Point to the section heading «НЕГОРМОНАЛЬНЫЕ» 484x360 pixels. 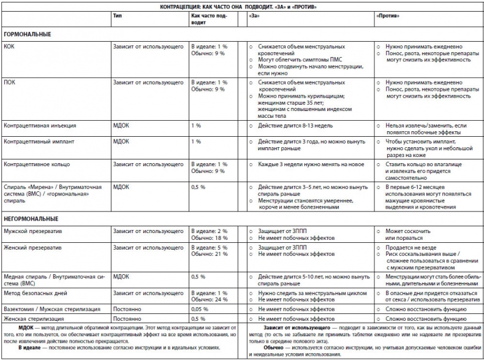[31, 218]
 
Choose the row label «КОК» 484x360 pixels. [9, 47]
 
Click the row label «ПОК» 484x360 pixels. [9, 82]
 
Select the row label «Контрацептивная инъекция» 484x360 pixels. [40, 125]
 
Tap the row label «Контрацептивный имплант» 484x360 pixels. [40, 142]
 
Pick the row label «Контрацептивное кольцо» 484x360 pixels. [37, 164]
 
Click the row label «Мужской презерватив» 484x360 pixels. [32, 231]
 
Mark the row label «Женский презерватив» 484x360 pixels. [32, 248]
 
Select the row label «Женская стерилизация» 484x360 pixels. [34, 319]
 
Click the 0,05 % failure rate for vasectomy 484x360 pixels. [199, 310]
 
